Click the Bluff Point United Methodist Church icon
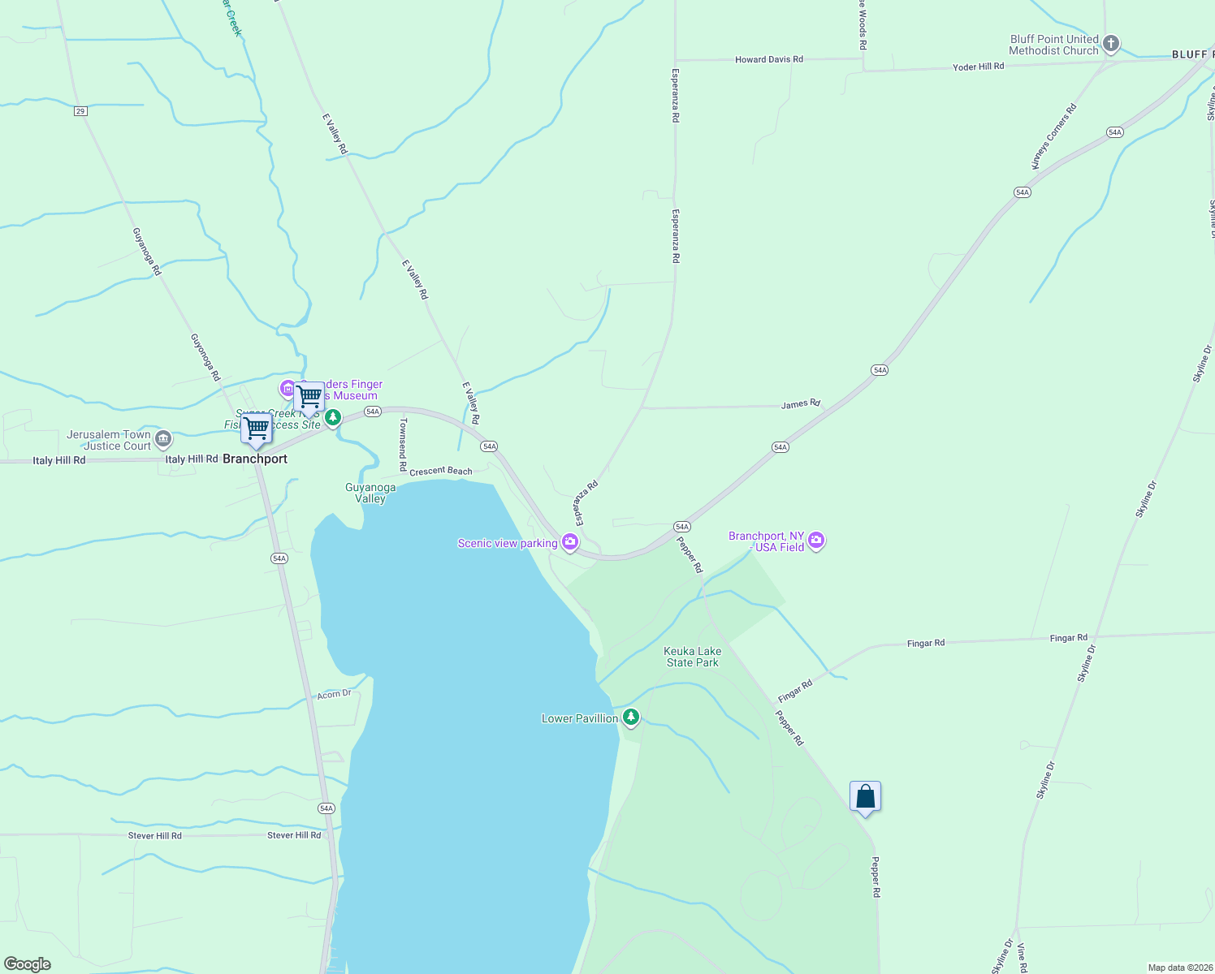[x=1111, y=44]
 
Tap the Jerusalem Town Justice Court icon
[x=163, y=439]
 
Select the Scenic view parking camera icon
[x=570, y=542]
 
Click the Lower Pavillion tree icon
[x=630, y=718]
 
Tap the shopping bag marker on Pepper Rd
[x=865, y=796]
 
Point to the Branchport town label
[x=255, y=459]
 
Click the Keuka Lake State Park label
[x=692, y=657]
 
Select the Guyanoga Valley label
[x=370, y=493]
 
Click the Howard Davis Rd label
[x=768, y=59]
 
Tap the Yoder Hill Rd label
[x=978, y=67]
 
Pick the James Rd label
[x=800, y=403]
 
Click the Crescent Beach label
[x=441, y=471]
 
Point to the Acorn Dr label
[x=334, y=694]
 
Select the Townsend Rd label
[x=402, y=444]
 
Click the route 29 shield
[x=80, y=111]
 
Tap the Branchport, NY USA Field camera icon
[x=816, y=541]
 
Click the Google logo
[x=28, y=964]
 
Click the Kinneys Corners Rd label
[x=1053, y=136]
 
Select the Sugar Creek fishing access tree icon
[x=332, y=418]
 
